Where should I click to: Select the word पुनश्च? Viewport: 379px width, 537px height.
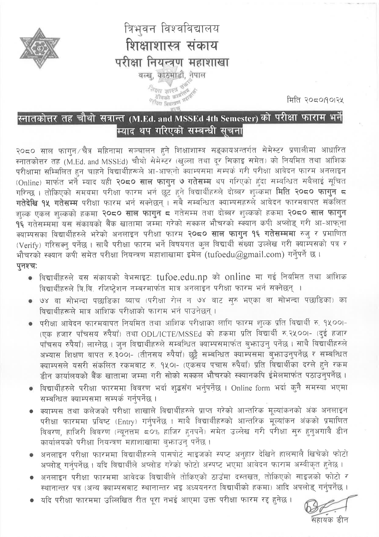27,265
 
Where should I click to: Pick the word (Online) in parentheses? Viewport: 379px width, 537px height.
28,182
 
